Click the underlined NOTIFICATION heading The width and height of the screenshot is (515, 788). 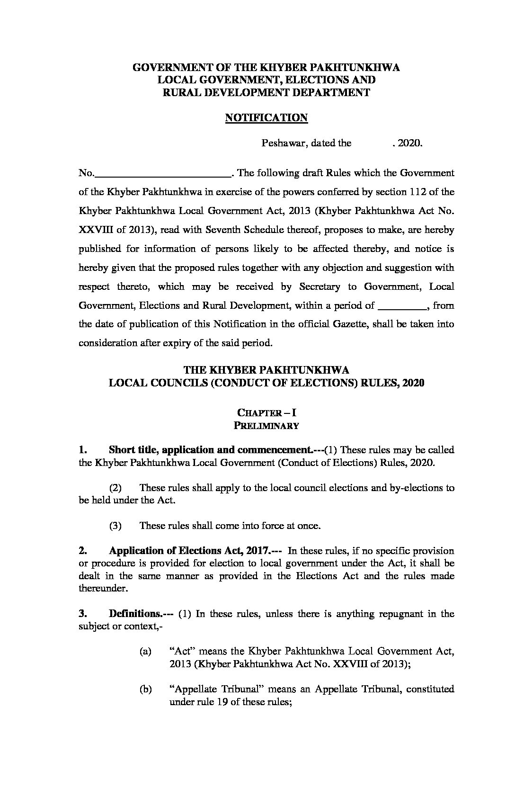click(266, 118)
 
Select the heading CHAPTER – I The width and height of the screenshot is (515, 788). click(266, 413)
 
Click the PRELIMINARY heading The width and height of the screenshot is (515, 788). click(266, 426)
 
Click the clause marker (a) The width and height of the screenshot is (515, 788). click(145, 652)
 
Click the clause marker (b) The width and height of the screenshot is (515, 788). click(145, 689)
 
